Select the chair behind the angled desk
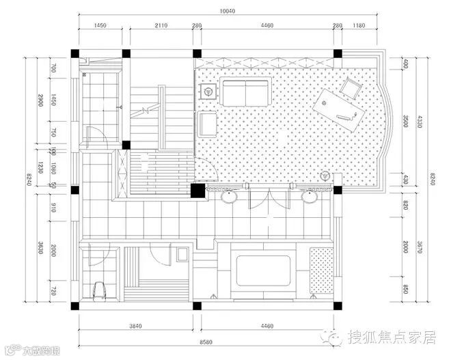pos(352,87)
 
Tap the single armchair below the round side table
pos(208,123)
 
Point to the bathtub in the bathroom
pos(264,268)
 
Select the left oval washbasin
pos(229,195)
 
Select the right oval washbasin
pos(310,195)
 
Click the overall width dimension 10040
pos(228,11)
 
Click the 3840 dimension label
pos(135,326)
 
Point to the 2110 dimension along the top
pos(161,26)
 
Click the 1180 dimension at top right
pos(358,26)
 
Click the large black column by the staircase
pos(197,191)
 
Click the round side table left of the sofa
pos(209,89)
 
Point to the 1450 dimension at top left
pos(100,26)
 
